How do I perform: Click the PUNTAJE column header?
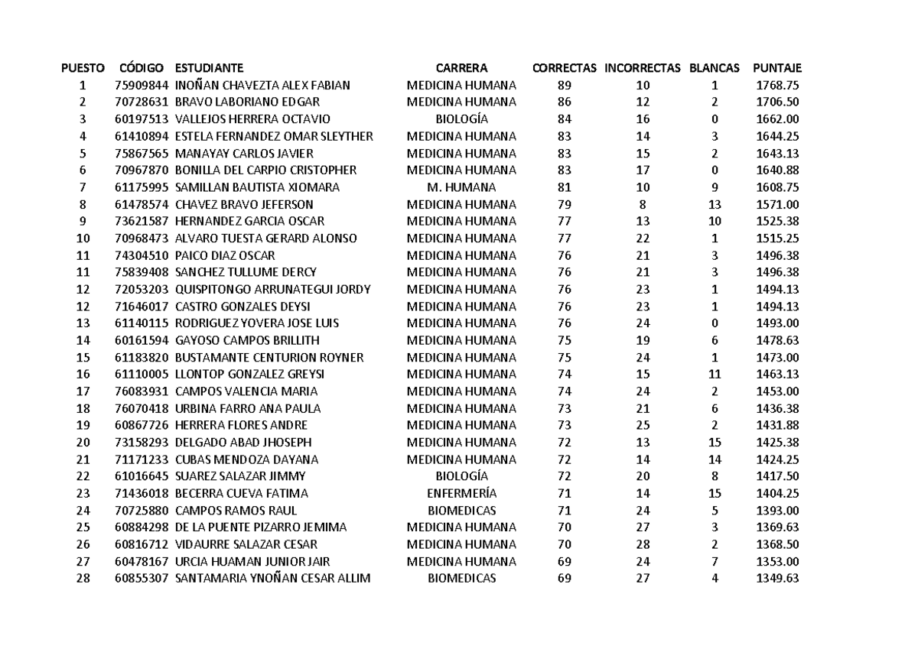(x=777, y=67)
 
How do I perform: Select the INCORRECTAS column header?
(x=642, y=67)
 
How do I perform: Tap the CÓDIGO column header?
(x=142, y=67)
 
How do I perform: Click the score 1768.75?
(x=777, y=85)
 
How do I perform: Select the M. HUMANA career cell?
(x=461, y=187)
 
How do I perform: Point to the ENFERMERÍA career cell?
(x=461, y=493)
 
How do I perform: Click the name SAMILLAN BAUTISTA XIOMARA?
(x=257, y=187)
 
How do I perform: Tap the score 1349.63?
(x=777, y=579)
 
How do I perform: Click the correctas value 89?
(x=565, y=85)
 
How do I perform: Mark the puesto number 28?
(x=83, y=579)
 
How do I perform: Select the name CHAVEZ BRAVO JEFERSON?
(x=244, y=204)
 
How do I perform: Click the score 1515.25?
(x=777, y=238)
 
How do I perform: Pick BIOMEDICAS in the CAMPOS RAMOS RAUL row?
(x=461, y=510)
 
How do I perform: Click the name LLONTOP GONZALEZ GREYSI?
(x=250, y=374)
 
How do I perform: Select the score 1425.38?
(x=777, y=442)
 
